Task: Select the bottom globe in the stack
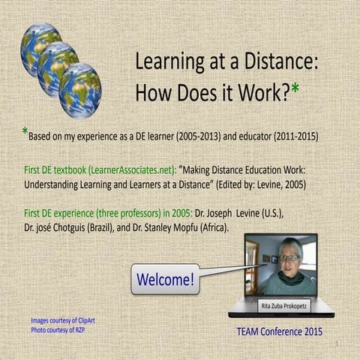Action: pyautogui.click(x=79, y=90)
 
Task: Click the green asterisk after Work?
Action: pyautogui.click(x=296, y=89)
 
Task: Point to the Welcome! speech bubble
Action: pyautogui.click(x=165, y=280)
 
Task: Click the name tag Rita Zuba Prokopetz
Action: pyautogui.click(x=282, y=304)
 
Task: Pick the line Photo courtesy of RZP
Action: pyautogui.click(x=58, y=329)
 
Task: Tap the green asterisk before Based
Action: pyautogui.click(x=25, y=133)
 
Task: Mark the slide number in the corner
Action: pyautogui.click(x=338, y=344)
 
